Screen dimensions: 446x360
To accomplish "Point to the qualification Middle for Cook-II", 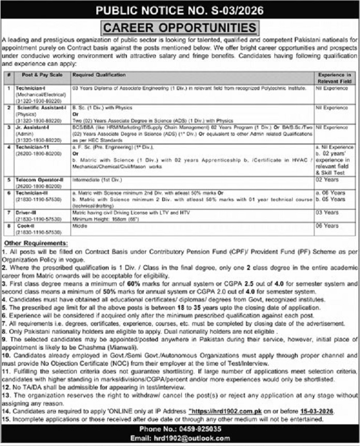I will (x=79, y=226).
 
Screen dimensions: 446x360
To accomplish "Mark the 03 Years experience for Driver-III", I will (x=328, y=212).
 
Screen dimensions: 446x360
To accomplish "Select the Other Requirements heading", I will (x=35, y=242).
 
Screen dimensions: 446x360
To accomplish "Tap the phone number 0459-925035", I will (x=194, y=429).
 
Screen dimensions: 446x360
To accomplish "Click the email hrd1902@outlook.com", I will (x=194, y=438).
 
